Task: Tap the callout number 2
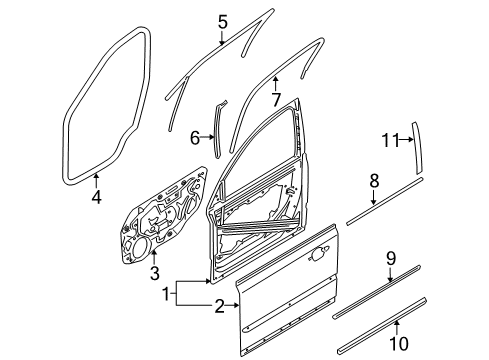pyautogui.click(x=217, y=307)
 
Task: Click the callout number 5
pyautogui.click(x=223, y=20)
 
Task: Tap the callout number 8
pyautogui.click(x=374, y=181)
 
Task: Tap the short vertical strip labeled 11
pyautogui.click(x=417, y=150)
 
